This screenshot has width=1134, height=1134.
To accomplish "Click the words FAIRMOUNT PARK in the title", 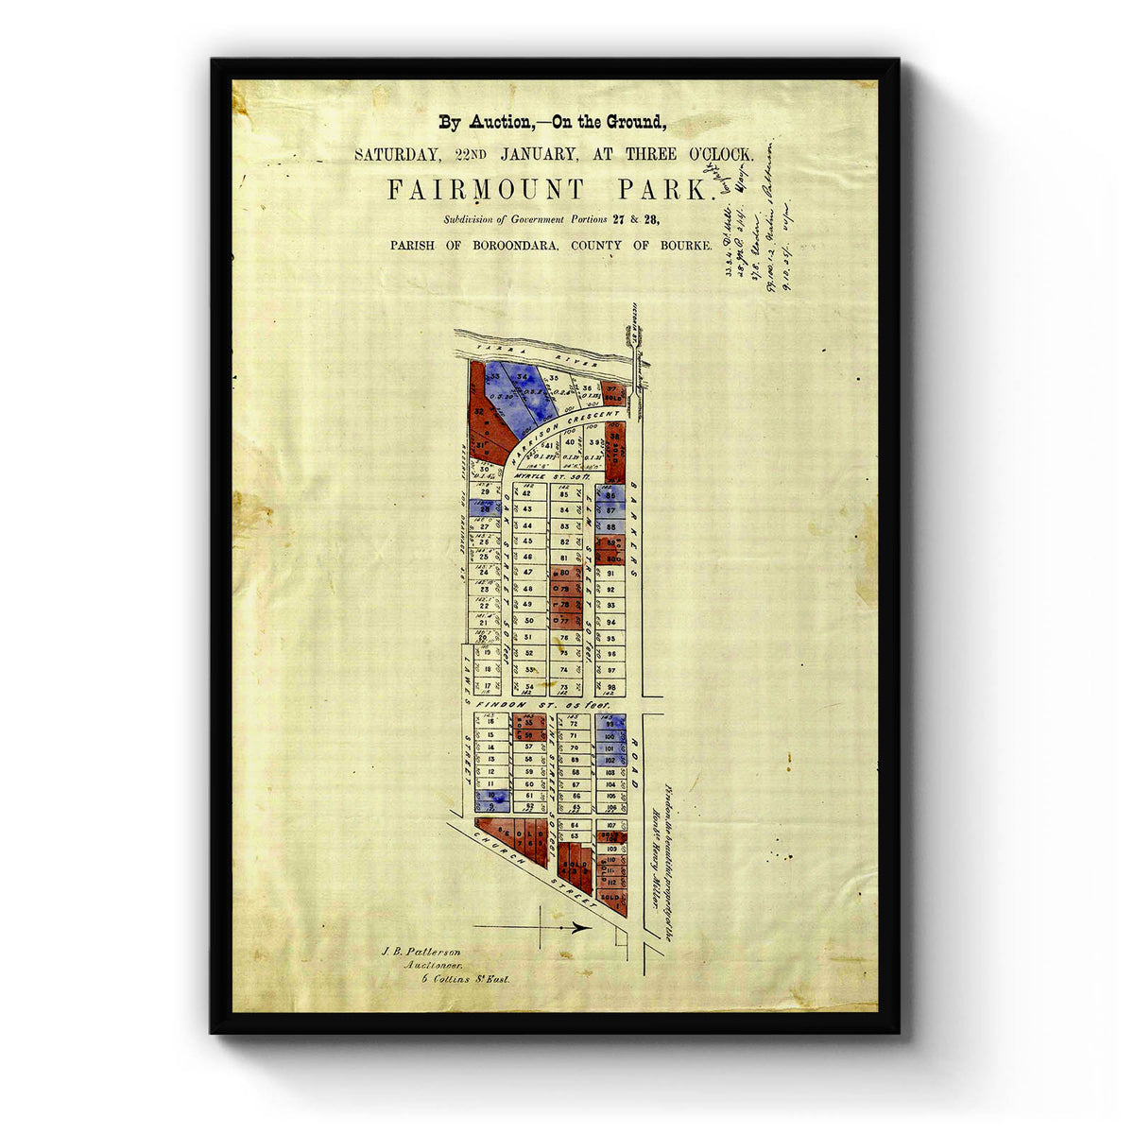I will (x=548, y=190).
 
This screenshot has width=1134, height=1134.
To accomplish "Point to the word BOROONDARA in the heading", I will (x=499, y=245).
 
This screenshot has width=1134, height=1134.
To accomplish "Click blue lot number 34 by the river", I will (x=522, y=380).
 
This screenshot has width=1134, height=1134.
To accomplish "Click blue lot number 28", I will (x=485, y=508).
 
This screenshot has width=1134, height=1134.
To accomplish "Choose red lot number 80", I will (x=564, y=573).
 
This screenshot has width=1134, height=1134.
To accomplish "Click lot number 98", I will (x=611, y=687).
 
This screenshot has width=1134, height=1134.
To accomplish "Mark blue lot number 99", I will (x=610, y=723).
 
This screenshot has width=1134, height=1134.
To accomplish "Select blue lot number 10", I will (x=491, y=797).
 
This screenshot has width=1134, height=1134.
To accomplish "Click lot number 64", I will (x=574, y=825).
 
